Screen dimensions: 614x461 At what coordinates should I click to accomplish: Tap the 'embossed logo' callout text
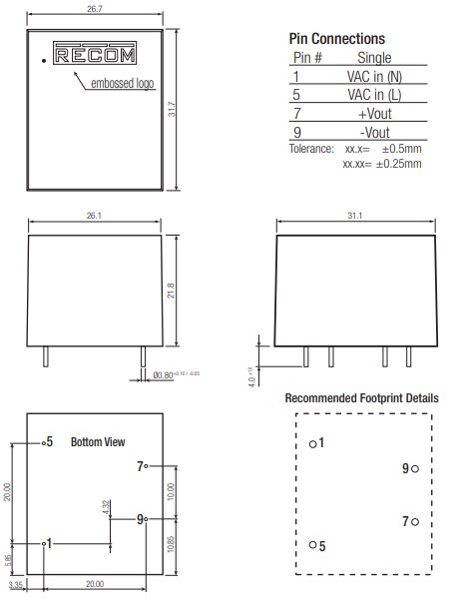coord(123,84)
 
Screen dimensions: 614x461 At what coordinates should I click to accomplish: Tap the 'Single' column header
coord(373,58)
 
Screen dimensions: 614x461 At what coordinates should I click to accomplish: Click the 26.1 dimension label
coord(93,215)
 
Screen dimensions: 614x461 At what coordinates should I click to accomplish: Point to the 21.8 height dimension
coord(172,291)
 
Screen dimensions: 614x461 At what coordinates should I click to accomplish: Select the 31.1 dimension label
coord(357,215)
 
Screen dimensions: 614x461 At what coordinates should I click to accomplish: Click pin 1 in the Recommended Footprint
coord(313,442)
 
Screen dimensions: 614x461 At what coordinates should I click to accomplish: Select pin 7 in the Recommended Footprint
coord(413,521)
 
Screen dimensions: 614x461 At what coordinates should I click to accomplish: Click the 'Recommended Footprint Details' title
coord(360,398)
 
